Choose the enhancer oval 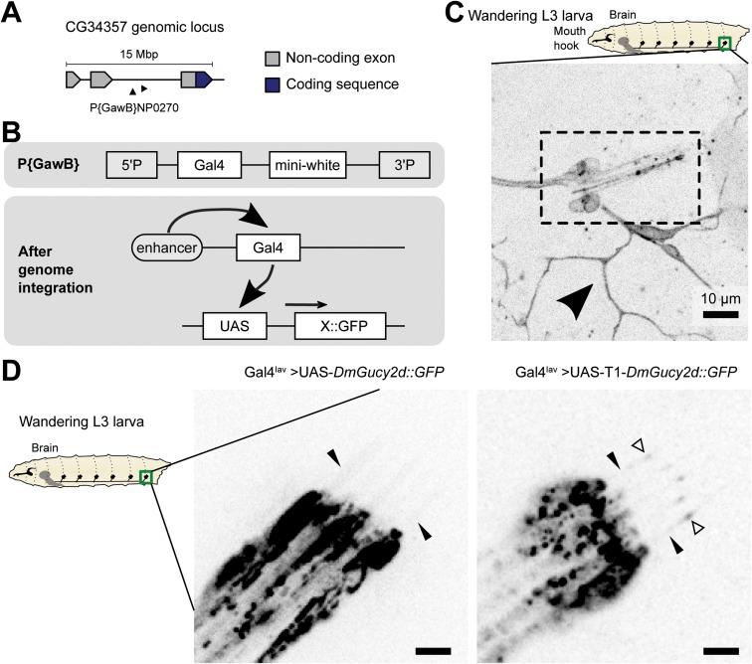[166, 244]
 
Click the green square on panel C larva [725, 43]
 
